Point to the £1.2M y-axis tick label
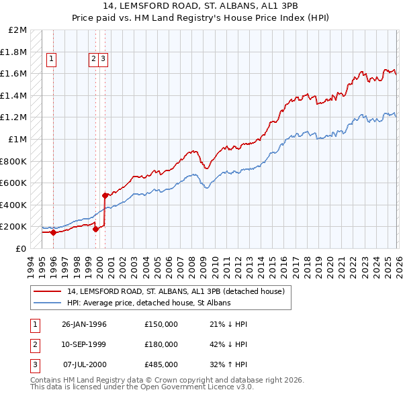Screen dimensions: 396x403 pos(14,117)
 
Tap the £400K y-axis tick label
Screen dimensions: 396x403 pos(14,205)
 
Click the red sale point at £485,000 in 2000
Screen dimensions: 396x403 pos(105,195)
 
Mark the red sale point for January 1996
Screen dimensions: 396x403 pos(54,232)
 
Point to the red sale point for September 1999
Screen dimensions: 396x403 pos(95,229)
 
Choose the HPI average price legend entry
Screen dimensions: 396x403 pos(148,303)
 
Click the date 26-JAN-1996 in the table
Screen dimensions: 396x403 pos(84,324)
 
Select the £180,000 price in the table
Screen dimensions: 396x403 pos(161,344)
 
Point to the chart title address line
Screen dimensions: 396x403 pos(201,7)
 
